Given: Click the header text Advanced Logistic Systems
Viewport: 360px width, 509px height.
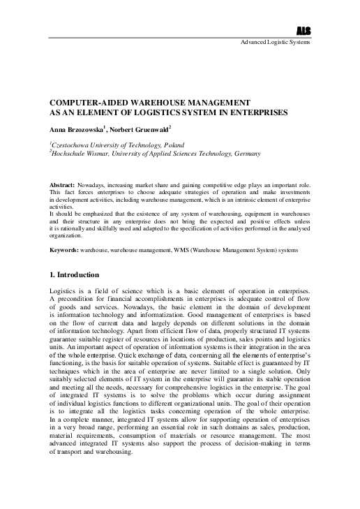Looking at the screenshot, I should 276,43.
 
